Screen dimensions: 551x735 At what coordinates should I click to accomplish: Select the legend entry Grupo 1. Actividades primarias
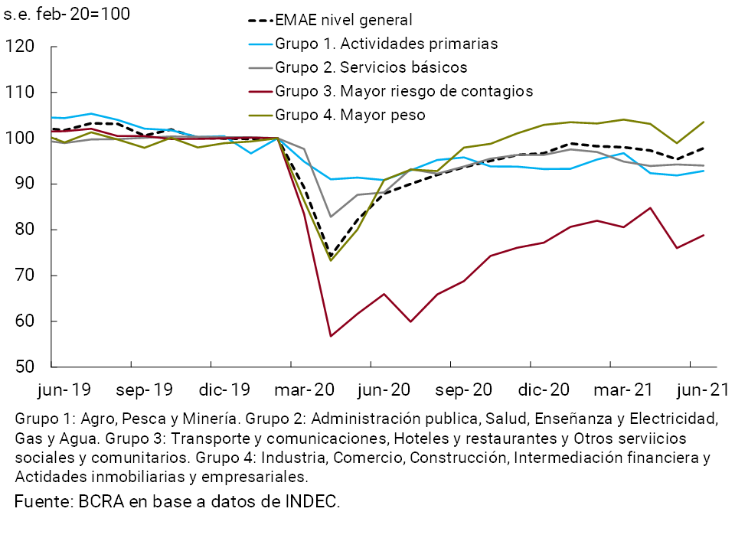386,44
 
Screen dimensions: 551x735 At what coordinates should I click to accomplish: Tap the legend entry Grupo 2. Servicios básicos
371,67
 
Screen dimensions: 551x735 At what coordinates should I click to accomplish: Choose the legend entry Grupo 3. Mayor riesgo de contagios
403,91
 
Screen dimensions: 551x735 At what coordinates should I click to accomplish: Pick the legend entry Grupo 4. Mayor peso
349,115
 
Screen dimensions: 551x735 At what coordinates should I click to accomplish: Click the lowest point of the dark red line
331,336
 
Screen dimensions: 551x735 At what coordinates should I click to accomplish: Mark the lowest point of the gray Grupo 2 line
331,217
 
